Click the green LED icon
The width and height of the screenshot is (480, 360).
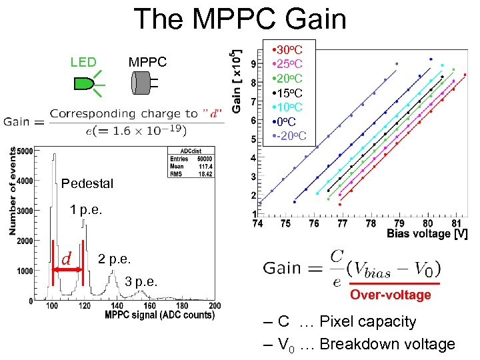(x=85, y=83)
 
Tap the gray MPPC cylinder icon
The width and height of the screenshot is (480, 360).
(x=142, y=83)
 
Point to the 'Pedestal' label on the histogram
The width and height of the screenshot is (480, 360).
(x=87, y=183)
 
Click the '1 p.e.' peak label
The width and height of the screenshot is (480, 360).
(x=87, y=210)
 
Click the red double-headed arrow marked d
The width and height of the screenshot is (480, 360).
(x=67, y=269)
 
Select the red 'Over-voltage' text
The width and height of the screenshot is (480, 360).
(x=391, y=295)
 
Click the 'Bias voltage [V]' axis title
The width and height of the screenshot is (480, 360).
(x=427, y=235)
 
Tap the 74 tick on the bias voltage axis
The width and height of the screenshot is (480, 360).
(x=257, y=224)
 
